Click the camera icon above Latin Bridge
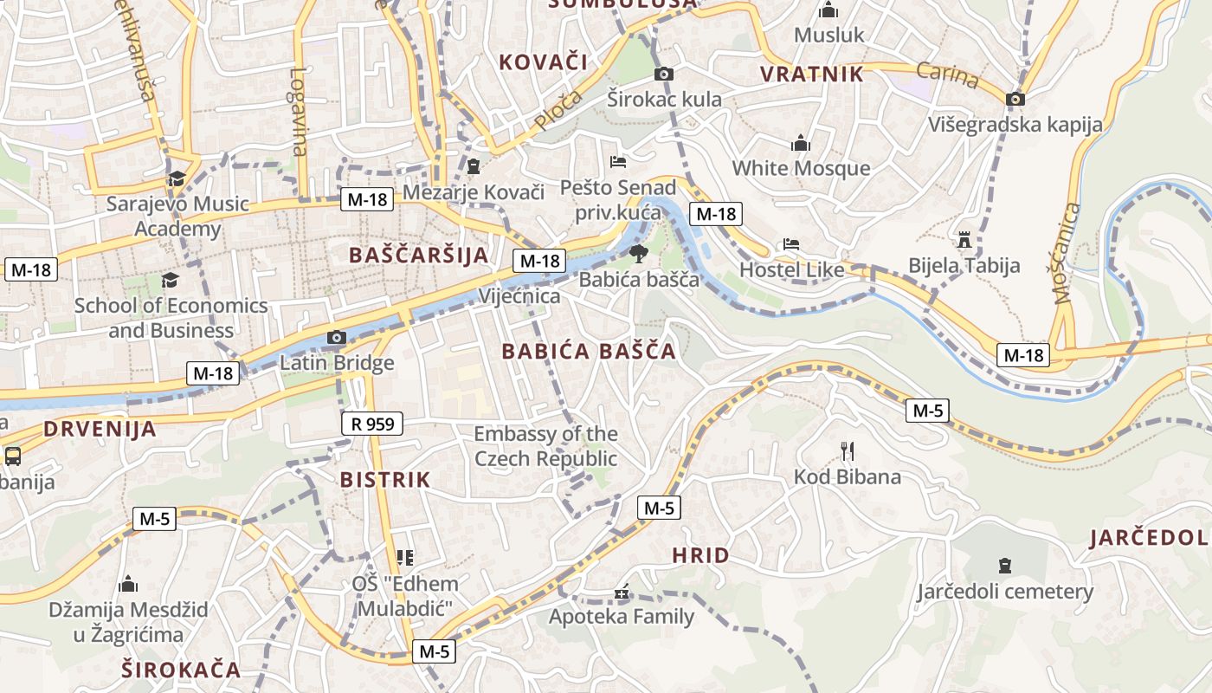pos(337,338)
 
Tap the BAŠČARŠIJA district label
pos(418,255)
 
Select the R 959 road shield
pos(372,424)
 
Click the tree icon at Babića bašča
pos(638,254)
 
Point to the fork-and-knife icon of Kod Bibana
pos(848,450)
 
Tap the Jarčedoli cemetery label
pos(1005,592)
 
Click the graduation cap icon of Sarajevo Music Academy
pos(177,178)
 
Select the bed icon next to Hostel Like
pos(791,244)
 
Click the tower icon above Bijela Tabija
pos(964,239)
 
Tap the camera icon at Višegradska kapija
pos(1015,99)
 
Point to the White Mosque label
pos(801,168)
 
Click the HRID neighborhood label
pos(700,555)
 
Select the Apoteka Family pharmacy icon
pos(622,593)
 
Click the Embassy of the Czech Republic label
pos(545,445)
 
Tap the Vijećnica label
pos(519,296)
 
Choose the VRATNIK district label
pos(811,74)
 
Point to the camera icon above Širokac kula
pos(664,74)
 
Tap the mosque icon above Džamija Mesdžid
pos(128,585)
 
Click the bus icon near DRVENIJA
pos(12,456)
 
